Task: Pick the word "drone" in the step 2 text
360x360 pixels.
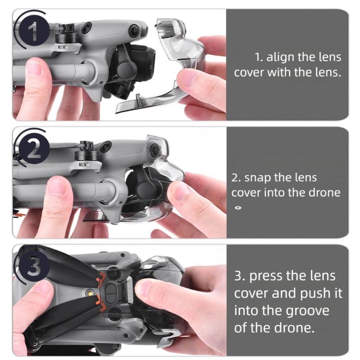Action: point(324,192)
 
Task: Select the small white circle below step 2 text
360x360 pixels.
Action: point(239,208)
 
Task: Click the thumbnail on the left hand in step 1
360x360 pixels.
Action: point(35,68)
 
